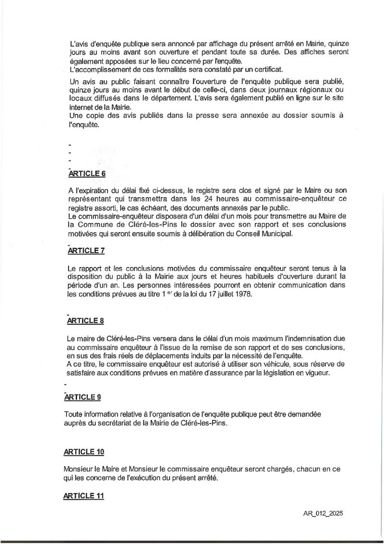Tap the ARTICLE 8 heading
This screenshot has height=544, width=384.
(x=84, y=320)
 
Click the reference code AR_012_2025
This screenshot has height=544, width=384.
(x=323, y=513)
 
